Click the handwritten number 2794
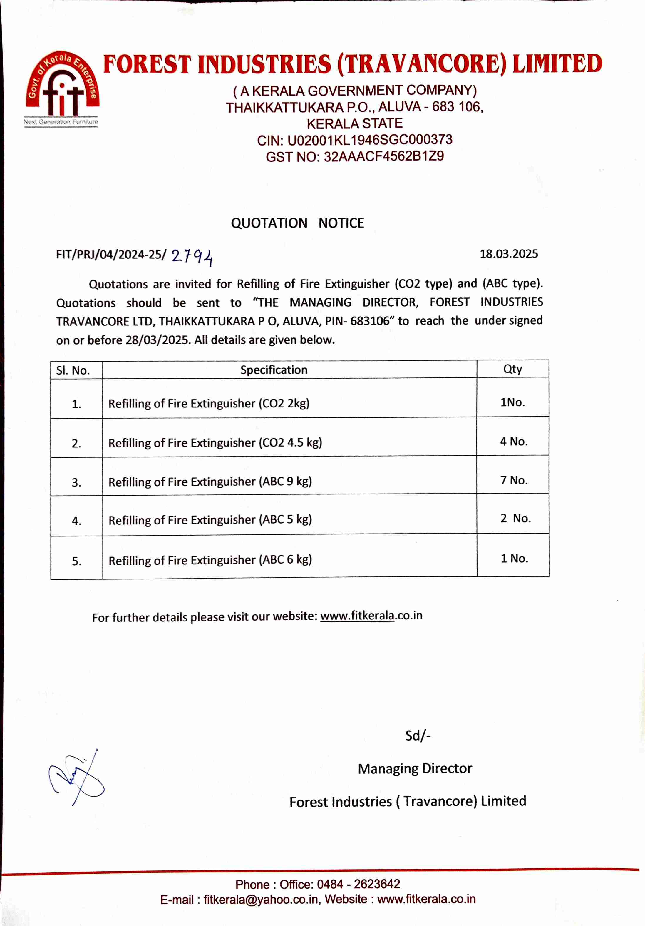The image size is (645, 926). tap(192, 257)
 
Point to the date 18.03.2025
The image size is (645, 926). tap(508, 254)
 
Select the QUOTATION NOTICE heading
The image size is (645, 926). tap(297, 223)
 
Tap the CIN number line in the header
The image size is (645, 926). tap(354, 140)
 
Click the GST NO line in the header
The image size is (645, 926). tap(354, 156)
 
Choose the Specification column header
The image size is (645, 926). tap(274, 370)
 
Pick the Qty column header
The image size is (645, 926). tap(512, 369)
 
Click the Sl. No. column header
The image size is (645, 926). tap(73, 370)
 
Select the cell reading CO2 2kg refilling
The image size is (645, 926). tap(209, 403)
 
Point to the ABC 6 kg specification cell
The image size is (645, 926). tap(210, 560)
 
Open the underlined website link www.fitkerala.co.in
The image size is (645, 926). tap(371, 616)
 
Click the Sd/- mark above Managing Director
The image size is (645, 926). tap(418, 735)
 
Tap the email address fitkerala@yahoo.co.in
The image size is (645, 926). tap(260, 899)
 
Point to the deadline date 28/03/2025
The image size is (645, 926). tap(157, 340)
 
